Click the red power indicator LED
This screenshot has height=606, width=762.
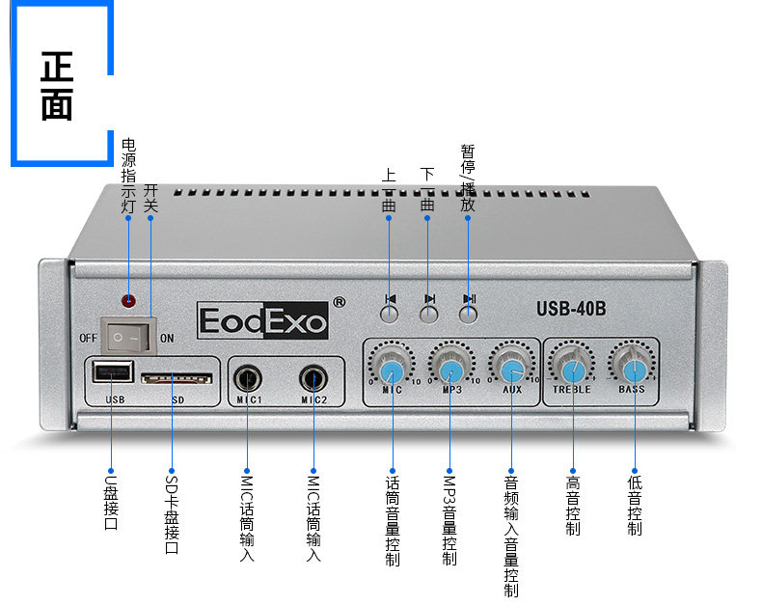click(127, 300)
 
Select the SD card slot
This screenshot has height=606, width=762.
click(175, 377)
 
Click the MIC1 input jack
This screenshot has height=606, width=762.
click(247, 377)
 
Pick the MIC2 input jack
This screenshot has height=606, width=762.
click(313, 377)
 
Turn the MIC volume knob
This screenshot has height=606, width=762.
click(392, 371)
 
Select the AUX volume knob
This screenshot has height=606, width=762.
click(512, 371)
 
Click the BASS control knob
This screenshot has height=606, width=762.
click(634, 371)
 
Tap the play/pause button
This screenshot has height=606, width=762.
click(469, 314)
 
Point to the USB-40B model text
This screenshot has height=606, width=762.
click(571, 310)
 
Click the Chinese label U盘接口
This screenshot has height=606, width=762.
click(110, 502)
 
